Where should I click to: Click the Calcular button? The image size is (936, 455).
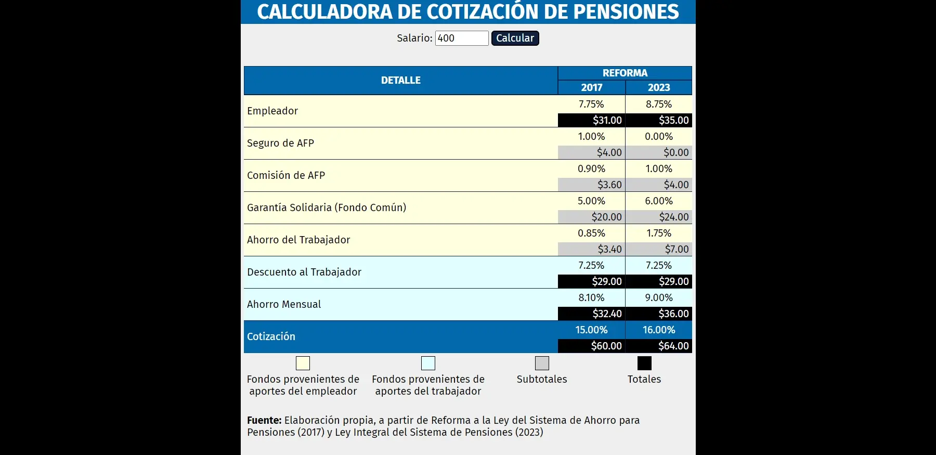click(515, 38)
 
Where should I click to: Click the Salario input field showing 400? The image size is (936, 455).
click(461, 38)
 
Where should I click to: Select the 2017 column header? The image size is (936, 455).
click(591, 87)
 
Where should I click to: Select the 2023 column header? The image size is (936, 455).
click(658, 87)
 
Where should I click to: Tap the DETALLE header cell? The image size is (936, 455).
click(400, 81)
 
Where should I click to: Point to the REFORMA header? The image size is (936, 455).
click(625, 73)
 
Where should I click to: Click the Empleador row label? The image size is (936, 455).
click(272, 111)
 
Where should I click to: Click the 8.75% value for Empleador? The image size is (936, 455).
click(658, 104)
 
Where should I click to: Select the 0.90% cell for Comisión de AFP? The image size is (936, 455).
click(591, 168)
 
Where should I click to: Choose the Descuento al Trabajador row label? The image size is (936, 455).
click(304, 272)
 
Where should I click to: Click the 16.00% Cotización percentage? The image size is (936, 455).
click(658, 330)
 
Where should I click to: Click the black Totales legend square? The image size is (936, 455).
click(644, 363)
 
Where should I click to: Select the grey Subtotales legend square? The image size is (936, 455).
click(542, 363)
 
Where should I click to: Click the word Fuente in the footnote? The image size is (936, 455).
click(264, 420)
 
